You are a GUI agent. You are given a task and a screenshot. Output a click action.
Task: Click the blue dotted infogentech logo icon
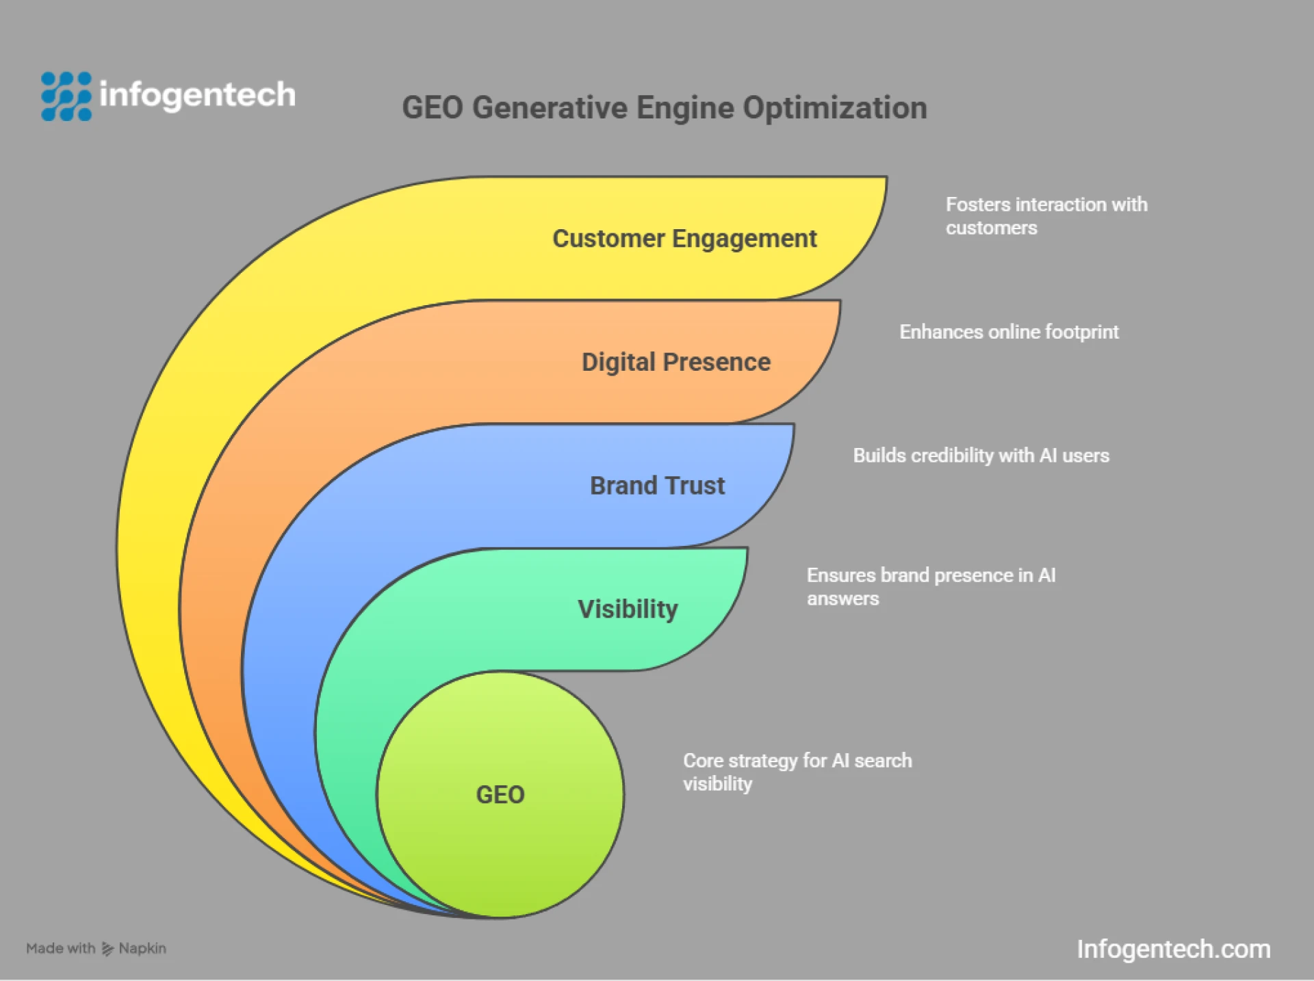click(x=66, y=96)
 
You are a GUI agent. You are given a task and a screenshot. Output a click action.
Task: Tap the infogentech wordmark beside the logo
click(x=197, y=94)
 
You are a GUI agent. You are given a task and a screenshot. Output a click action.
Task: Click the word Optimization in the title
click(x=835, y=108)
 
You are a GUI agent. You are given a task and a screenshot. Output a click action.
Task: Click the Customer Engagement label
click(x=684, y=239)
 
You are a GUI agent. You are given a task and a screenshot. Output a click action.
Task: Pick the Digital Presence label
click(x=675, y=362)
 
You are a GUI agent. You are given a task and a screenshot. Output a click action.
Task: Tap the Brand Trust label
click(x=657, y=486)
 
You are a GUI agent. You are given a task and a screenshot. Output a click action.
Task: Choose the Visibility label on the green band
click(x=628, y=609)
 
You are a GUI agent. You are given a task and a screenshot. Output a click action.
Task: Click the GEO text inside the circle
click(x=500, y=795)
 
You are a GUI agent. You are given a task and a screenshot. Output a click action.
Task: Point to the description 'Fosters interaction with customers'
click(x=1046, y=216)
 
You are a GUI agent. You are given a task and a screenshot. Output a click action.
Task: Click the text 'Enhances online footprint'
click(x=1009, y=332)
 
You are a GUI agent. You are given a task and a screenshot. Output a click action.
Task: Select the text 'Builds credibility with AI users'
click(x=981, y=456)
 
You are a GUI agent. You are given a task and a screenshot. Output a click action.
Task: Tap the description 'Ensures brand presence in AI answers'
click(x=931, y=587)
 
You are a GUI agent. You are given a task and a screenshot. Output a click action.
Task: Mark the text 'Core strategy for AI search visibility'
click(x=797, y=772)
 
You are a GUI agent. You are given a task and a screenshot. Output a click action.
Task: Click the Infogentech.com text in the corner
click(x=1173, y=950)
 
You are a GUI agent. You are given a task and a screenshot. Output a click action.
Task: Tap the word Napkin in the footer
click(x=142, y=949)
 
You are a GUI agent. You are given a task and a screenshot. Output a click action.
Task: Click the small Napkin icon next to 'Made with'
click(x=107, y=949)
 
